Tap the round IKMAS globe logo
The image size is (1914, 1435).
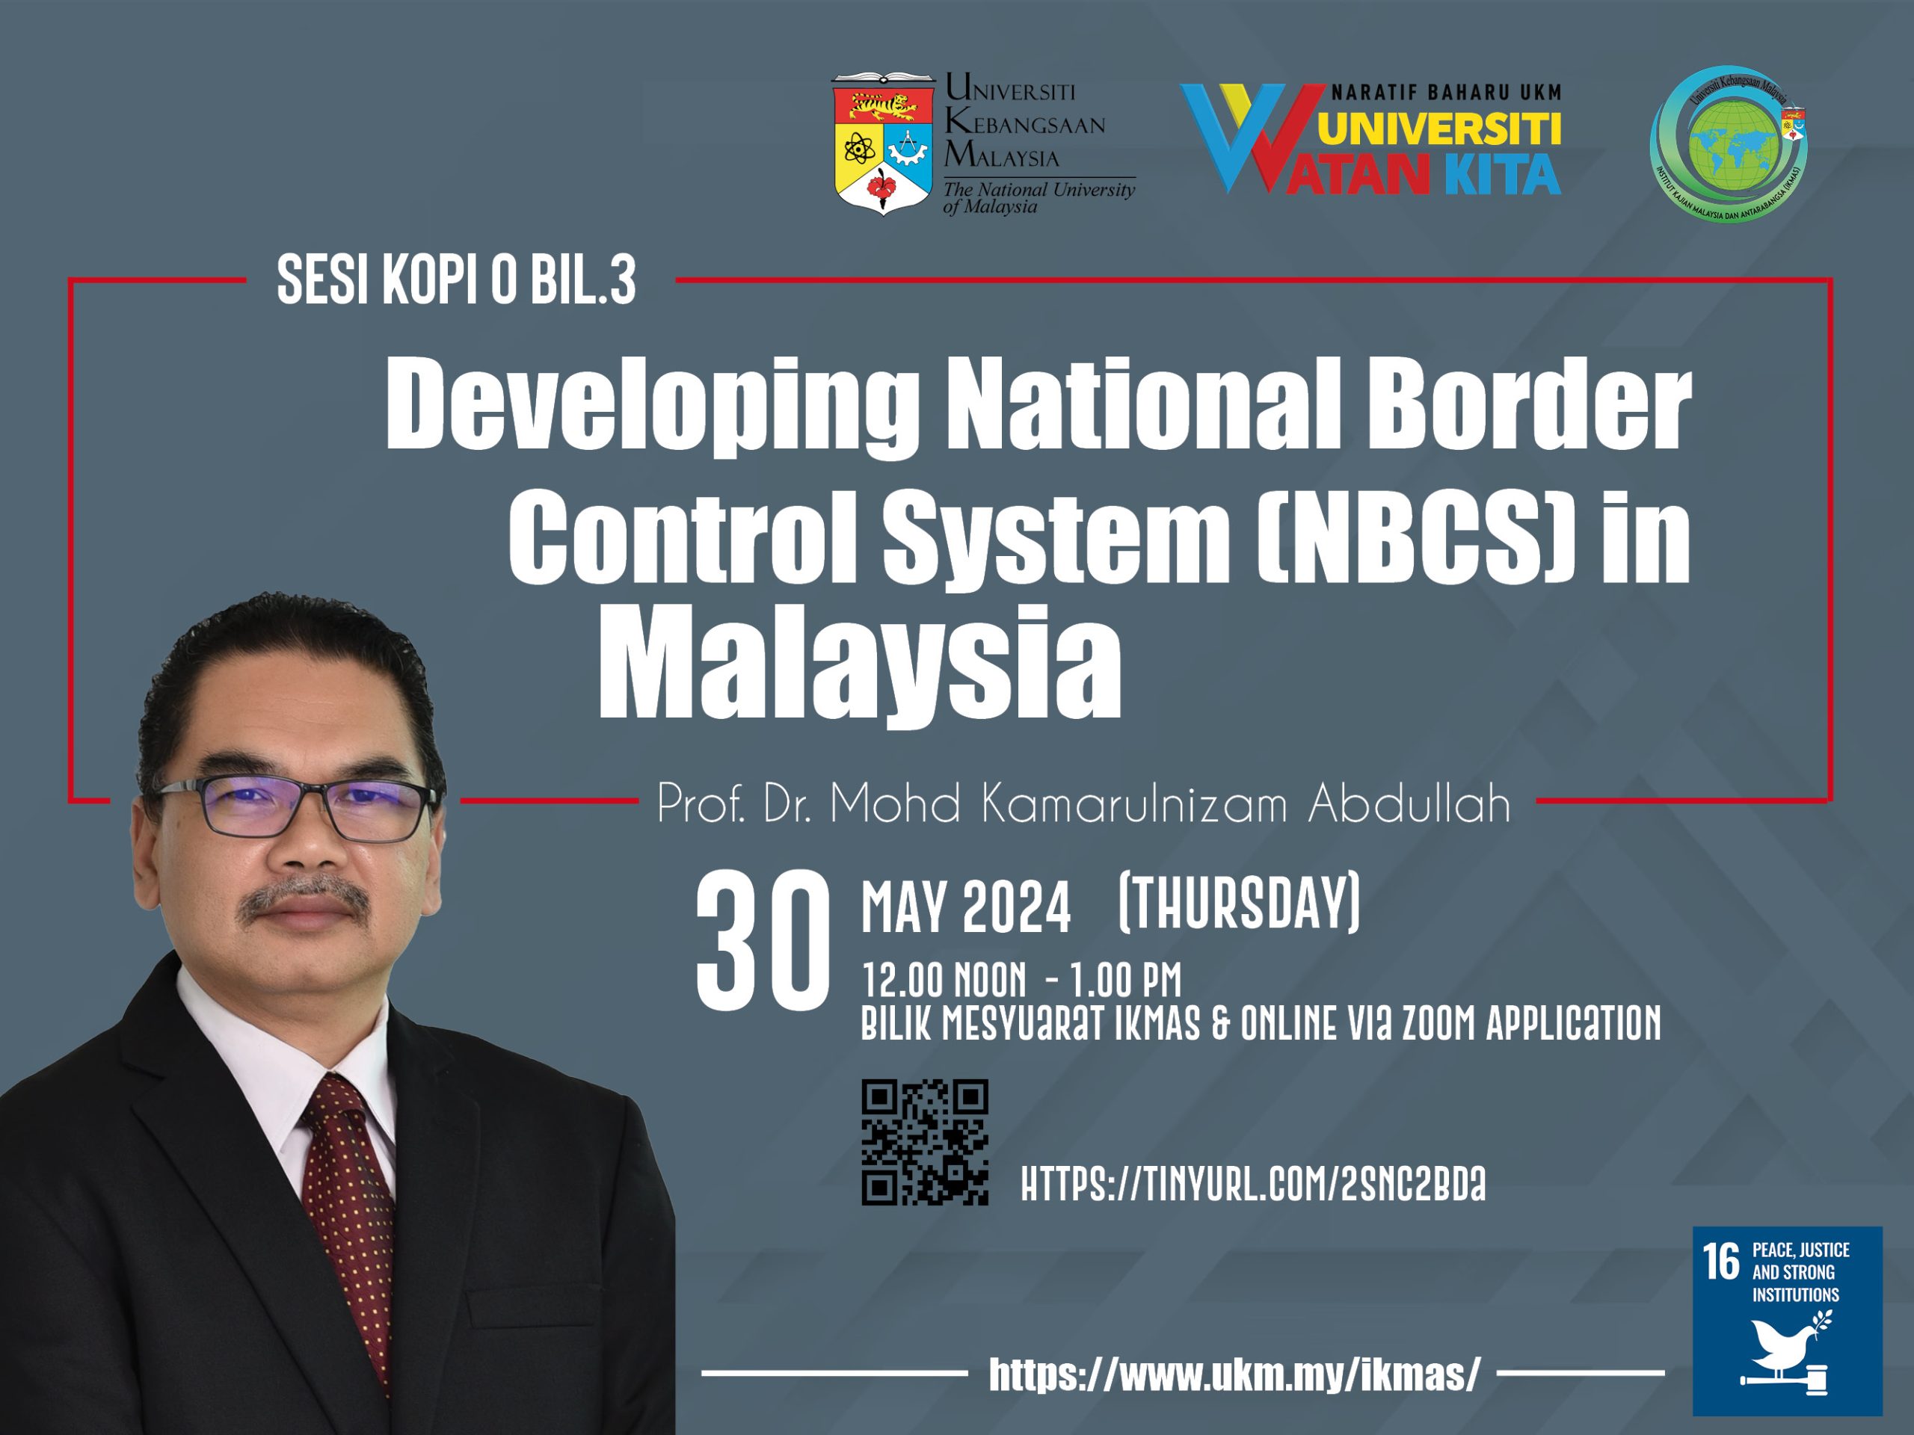[x=1729, y=143]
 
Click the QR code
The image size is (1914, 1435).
[x=924, y=1142]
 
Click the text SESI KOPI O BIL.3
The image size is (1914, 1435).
[x=456, y=280]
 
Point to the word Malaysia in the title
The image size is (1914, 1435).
[x=859, y=664]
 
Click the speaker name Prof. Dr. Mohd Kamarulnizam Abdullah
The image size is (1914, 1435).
[x=1083, y=803]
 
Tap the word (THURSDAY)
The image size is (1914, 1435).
[x=1239, y=902]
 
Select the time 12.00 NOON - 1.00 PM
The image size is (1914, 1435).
[x=1021, y=980]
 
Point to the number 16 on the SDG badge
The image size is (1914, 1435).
[x=1721, y=1262]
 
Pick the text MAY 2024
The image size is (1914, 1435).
[x=966, y=907]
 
